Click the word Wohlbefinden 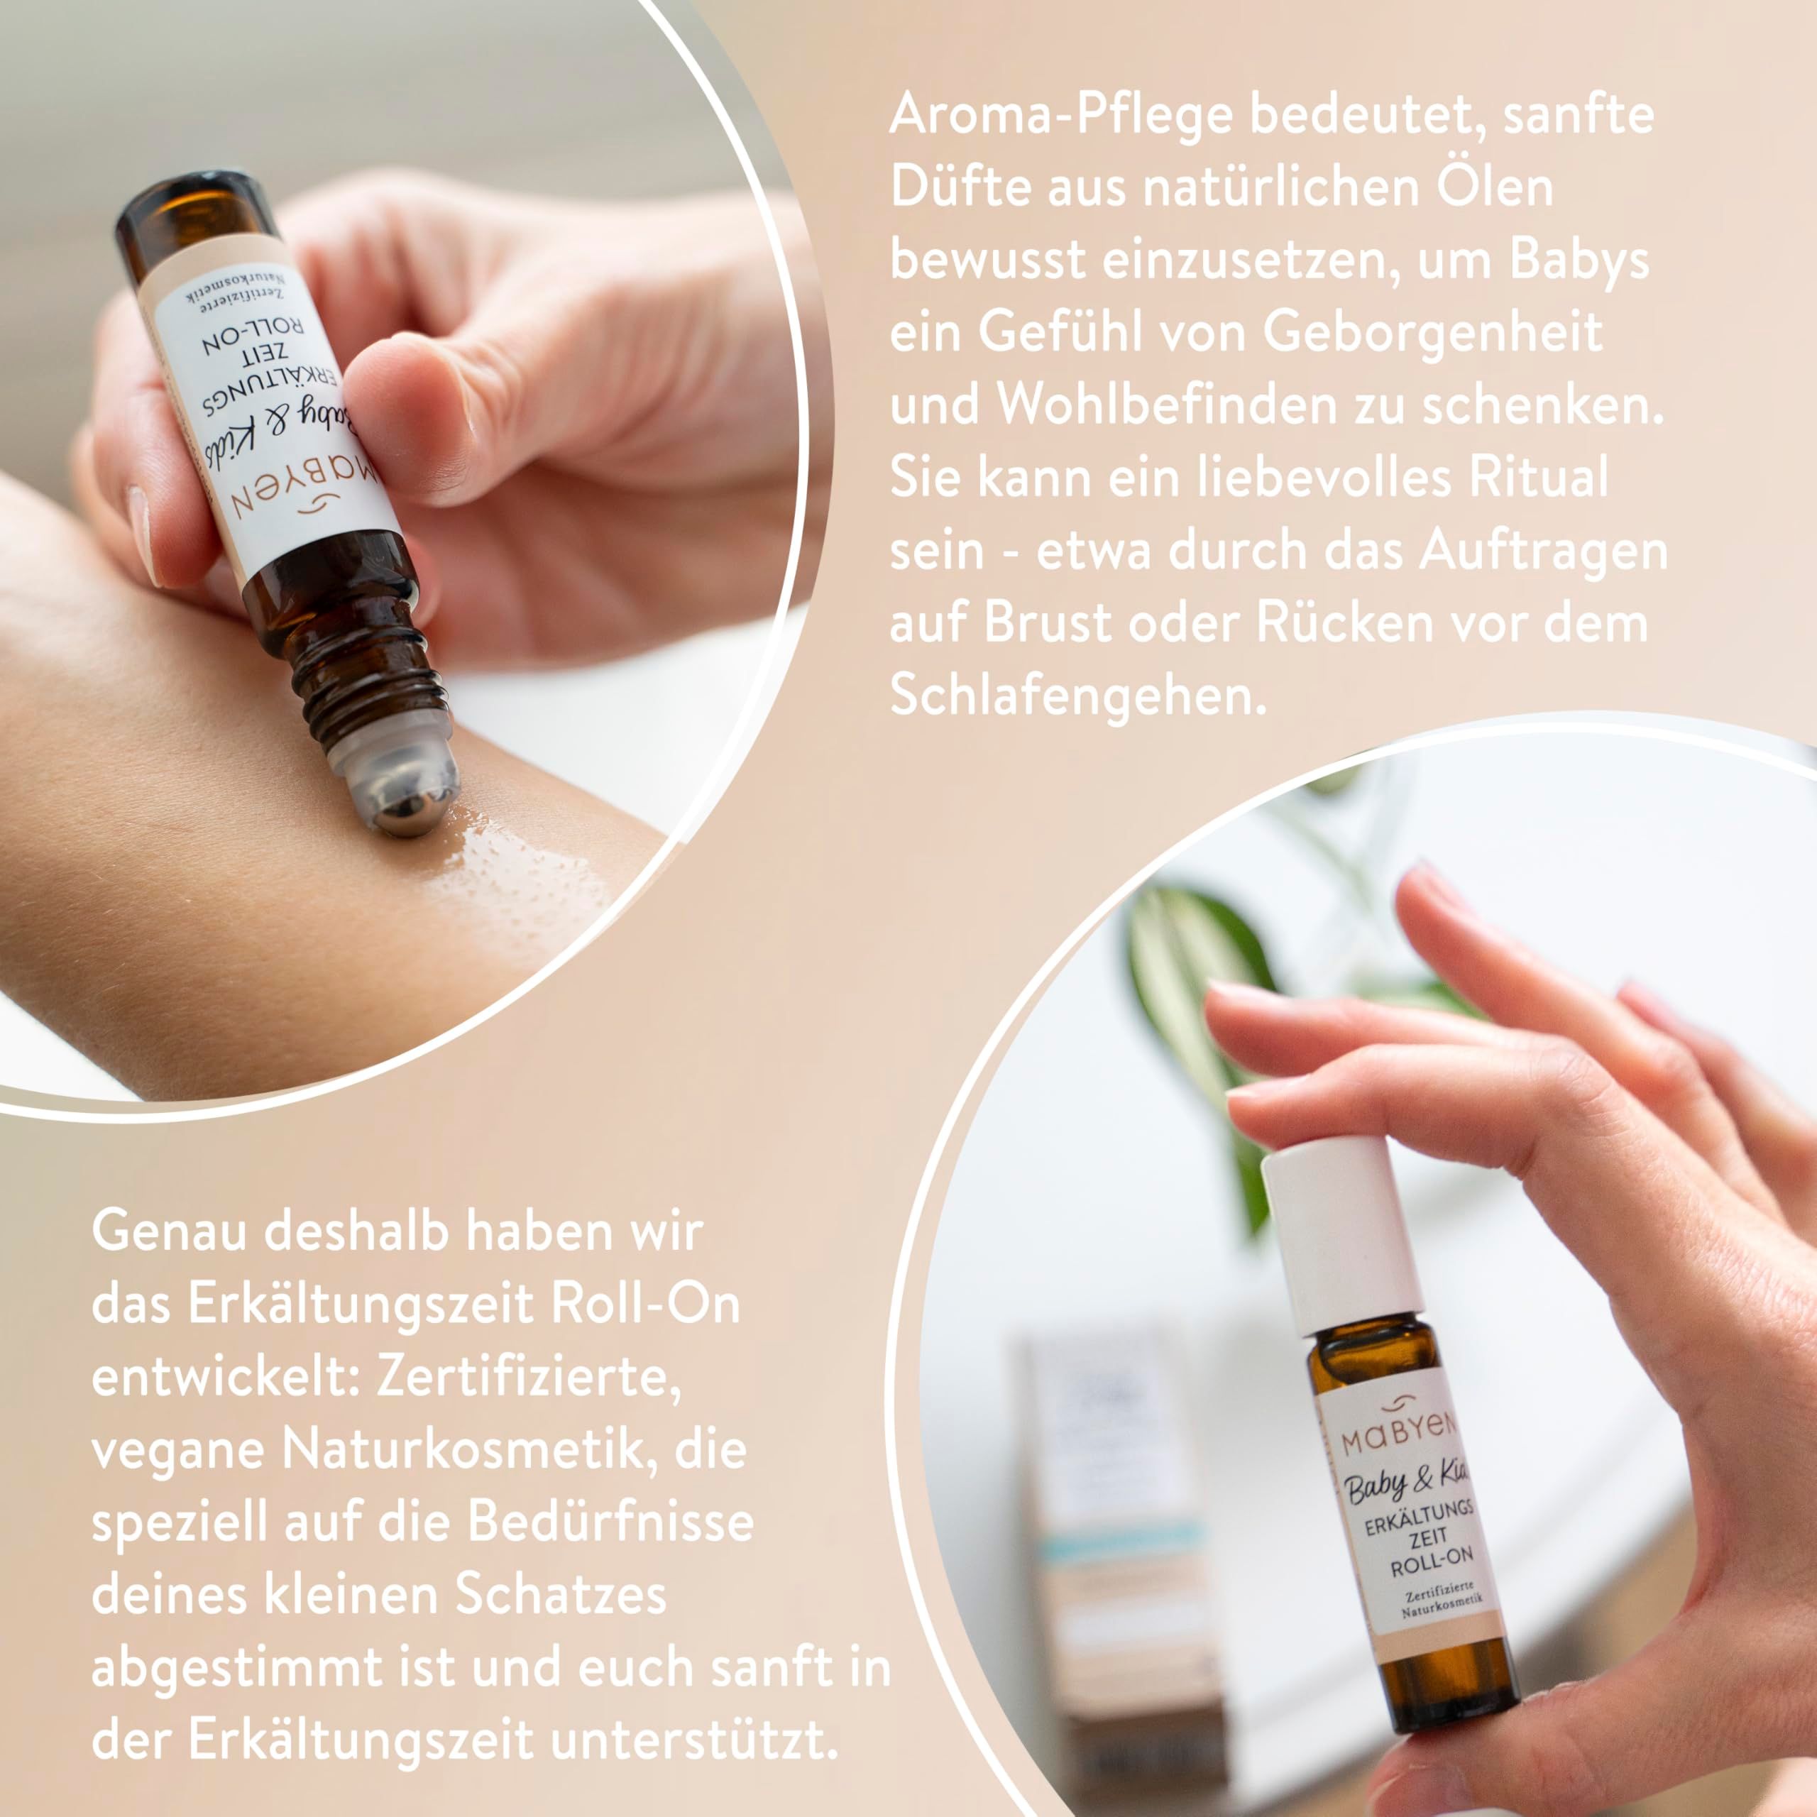coord(1166,405)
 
